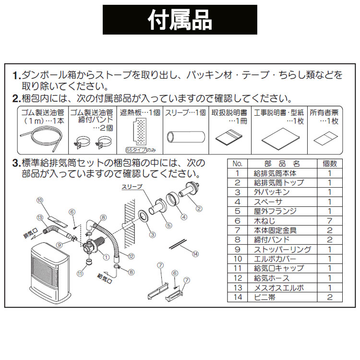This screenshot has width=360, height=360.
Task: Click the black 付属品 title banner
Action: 180,20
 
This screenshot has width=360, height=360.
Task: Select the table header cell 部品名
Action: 280,163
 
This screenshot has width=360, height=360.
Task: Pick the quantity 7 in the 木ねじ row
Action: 329,221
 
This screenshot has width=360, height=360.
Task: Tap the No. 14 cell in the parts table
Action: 237,298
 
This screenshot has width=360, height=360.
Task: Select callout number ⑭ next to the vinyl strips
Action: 194,253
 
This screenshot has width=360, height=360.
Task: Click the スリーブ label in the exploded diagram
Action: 132,188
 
